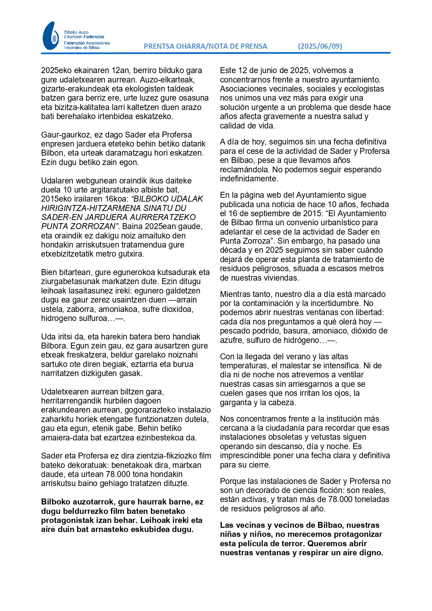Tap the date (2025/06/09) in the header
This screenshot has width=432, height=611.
click(x=320, y=46)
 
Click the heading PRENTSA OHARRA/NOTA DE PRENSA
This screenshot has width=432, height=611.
click(x=205, y=46)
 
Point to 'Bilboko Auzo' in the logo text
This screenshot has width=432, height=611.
click(x=76, y=32)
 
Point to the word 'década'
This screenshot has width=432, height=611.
click(x=232, y=250)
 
